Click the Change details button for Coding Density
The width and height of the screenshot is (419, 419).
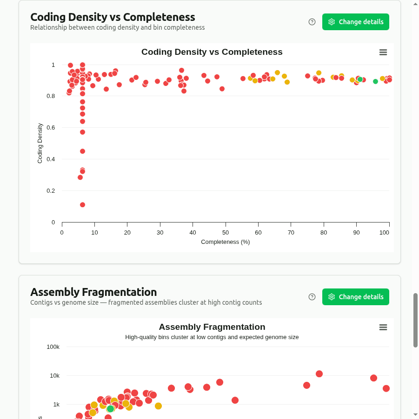(x=355, y=22)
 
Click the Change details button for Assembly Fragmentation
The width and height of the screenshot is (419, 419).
(x=355, y=297)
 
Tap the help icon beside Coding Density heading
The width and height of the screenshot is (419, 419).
(x=312, y=22)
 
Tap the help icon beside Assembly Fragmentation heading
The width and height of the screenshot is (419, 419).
(x=312, y=297)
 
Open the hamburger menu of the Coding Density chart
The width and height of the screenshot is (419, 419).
(x=383, y=52)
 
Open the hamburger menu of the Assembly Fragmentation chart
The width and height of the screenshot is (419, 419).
(x=383, y=327)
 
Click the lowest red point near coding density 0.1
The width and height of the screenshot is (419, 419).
(x=82, y=205)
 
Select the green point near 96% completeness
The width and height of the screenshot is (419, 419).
(x=375, y=81)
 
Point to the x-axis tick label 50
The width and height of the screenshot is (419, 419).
(x=226, y=232)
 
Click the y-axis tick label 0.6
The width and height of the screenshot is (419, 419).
(x=50, y=127)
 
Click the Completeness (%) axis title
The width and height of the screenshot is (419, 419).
(x=226, y=242)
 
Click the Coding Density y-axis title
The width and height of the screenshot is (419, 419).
(x=40, y=143)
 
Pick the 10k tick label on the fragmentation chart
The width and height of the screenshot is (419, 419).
(x=54, y=375)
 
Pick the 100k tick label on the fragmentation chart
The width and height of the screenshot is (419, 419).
(x=53, y=347)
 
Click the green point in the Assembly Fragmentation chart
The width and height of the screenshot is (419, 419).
(x=110, y=409)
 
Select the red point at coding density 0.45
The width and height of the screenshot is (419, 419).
(x=82, y=151)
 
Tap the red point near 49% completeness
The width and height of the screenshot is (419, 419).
(x=222, y=89)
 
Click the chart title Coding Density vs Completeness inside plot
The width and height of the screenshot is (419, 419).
(x=212, y=52)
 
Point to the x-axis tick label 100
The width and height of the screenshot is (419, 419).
(x=384, y=232)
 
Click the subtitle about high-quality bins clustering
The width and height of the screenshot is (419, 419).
(x=212, y=337)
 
